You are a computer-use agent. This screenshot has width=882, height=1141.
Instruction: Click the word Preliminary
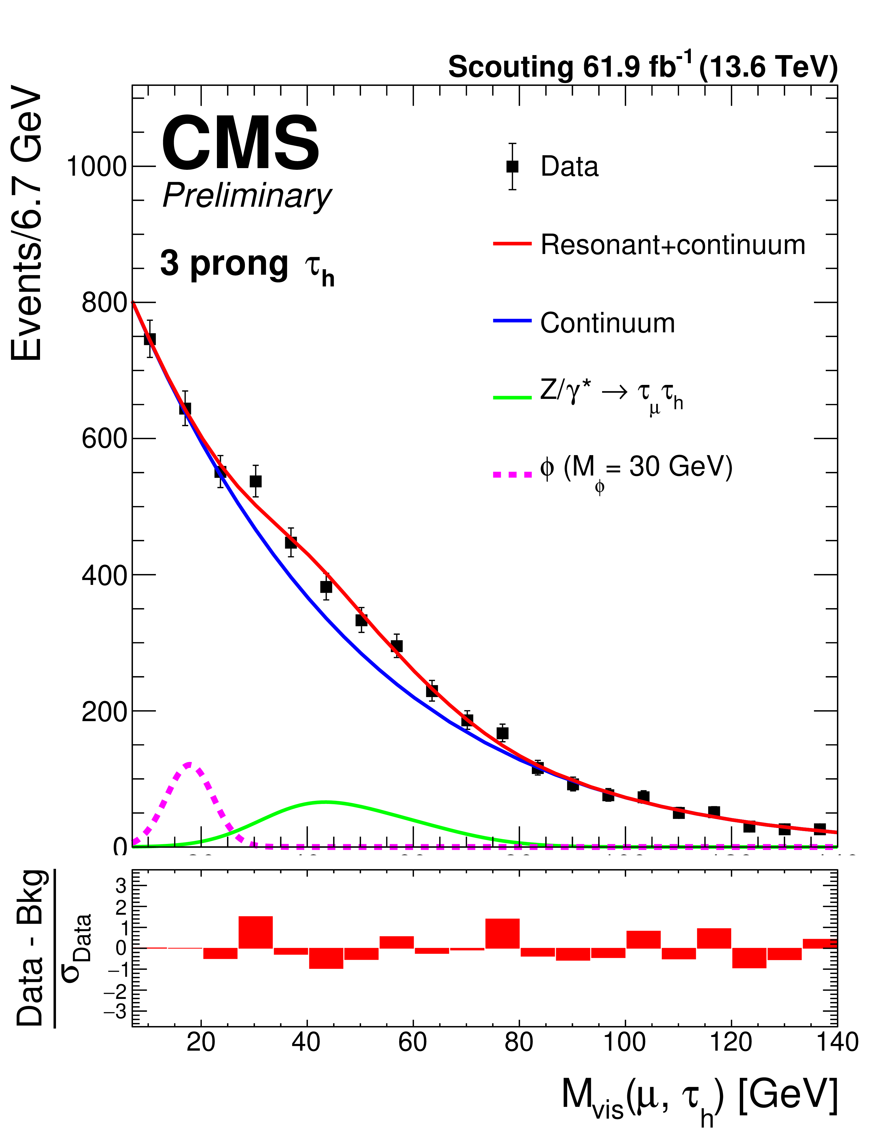(x=247, y=196)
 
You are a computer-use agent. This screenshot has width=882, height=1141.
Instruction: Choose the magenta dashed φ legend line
(x=512, y=474)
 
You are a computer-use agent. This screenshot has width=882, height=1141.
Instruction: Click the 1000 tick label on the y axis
(x=97, y=167)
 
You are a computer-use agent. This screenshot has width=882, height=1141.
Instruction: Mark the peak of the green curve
(x=325, y=801)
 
